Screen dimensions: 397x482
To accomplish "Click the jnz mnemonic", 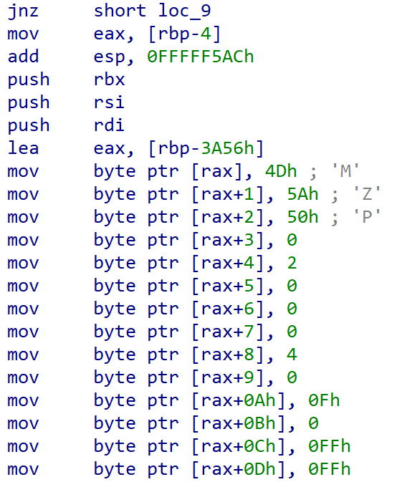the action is tap(23, 11).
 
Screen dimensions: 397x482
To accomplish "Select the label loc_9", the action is tap(184, 11).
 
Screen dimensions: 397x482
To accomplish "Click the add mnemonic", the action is tap(23, 57).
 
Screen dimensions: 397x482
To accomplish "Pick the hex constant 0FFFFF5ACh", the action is tap(200, 57).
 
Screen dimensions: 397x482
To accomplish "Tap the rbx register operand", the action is tap(109, 79).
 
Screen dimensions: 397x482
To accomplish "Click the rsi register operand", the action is tap(109, 102).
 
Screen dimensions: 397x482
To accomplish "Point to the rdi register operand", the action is tap(109, 125).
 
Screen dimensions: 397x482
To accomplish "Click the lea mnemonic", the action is tap(23, 148).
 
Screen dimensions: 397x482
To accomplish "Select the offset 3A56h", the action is tap(227, 148).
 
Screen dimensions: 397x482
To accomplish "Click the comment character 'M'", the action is tap(345, 170).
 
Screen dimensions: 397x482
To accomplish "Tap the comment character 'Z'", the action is tap(367, 193).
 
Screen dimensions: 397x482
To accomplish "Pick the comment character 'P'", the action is tap(367, 216).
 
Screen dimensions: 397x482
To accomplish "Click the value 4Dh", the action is tap(281, 171).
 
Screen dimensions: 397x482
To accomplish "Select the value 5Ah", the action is tap(302, 194).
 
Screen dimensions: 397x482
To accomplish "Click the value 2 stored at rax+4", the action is tap(292, 263).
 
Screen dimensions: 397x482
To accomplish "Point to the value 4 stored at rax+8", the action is tap(292, 355).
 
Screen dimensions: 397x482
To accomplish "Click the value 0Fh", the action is tap(324, 400).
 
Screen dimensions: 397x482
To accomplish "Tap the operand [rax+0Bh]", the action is tap(239, 423).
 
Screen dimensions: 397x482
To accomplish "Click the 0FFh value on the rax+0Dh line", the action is tap(329, 469).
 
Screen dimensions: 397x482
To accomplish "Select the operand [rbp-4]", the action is tap(184, 34).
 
